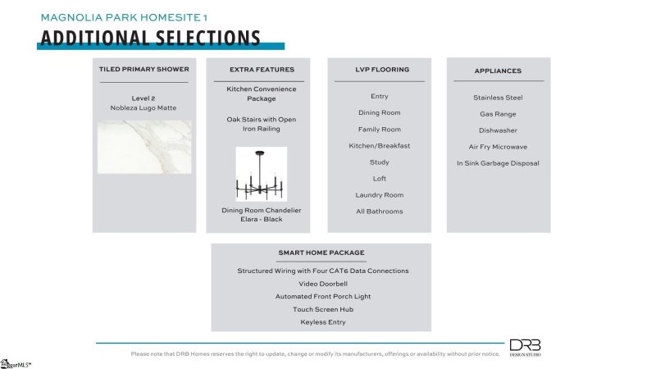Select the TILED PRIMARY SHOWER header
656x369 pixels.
tap(143, 70)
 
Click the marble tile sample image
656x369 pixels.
tap(144, 147)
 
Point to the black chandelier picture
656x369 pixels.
tap(261, 174)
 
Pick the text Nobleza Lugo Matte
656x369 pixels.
tap(143, 108)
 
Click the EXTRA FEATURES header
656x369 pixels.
tap(261, 70)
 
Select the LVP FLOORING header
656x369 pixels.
tap(379, 70)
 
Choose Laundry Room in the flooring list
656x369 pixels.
tap(379, 195)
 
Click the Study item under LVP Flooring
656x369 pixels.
tap(379, 162)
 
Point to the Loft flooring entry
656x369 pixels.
tap(379, 179)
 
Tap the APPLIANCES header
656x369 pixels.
tap(498, 71)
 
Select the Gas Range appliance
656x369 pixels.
tap(498, 114)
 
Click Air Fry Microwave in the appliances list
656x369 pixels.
tap(498, 147)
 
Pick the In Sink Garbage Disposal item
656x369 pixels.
tap(498, 163)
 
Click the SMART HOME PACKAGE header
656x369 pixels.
tap(321, 253)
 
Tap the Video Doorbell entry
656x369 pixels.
tap(322, 284)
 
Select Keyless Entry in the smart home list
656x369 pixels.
tap(322, 322)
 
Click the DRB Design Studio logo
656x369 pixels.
tap(526, 348)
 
